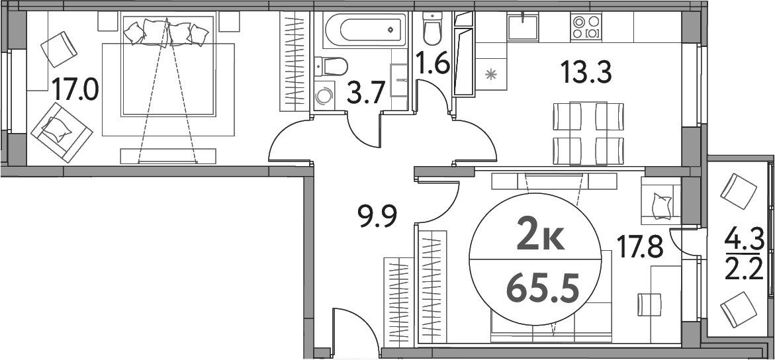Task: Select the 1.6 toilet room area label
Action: pyautogui.click(x=433, y=65)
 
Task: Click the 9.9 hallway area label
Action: pyautogui.click(x=377, y=216)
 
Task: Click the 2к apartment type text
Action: pyautogui.click(x=540, y=236)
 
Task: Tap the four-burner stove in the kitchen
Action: pyautogui.click(x=586, y=26)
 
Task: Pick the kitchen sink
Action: pyautogui.click(x=523, y=26)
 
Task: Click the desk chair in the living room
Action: pyautogui.click(x=648, y=304)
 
